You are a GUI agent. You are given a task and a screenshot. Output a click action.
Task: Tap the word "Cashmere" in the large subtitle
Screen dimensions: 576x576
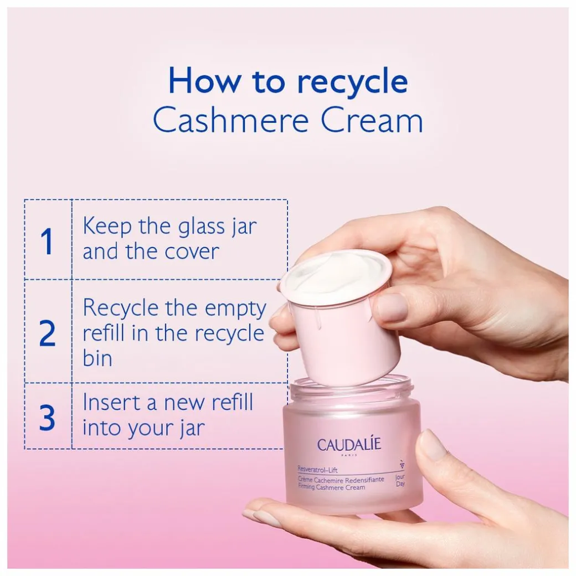pyautogui.click(x=230, y=120)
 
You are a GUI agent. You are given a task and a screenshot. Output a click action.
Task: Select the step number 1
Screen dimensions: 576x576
pyautogui.click(x=47, y=241)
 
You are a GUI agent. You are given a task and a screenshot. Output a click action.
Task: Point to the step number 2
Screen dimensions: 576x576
pyautogui.click(x=48, y=333)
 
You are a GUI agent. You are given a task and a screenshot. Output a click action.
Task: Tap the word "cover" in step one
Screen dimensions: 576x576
pyautogui.click(x=192, y=252)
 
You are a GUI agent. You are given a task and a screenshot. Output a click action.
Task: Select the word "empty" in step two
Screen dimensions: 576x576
pyautogui.click(x=235, y=309)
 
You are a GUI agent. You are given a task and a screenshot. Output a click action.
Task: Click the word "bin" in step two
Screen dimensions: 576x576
pyautogui.click(x=97, y=358)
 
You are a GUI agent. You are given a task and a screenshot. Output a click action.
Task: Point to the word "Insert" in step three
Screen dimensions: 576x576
pyautogui.click(x=112, y=402)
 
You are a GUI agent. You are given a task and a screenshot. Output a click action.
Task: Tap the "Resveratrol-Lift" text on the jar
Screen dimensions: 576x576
pyautogui.click(x=317, y=469)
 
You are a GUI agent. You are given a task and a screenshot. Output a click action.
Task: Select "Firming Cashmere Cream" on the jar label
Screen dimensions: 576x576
pyautogui.click(x=331, y=487)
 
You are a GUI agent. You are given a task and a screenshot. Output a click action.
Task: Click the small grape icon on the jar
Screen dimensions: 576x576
pyautogui.click(x=402, y=464)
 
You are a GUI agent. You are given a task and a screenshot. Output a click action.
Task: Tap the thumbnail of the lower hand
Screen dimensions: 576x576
pyautogui.click(x=434, y=445)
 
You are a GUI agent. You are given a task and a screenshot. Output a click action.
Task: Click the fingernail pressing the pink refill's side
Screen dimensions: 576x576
pyautogui.click(x=392, y=307)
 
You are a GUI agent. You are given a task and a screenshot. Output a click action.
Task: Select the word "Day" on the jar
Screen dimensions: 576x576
pyautogui.click(x=400, y=484)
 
